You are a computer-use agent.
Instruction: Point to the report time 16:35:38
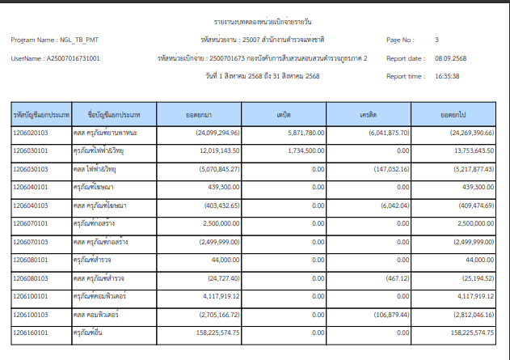[x=447, y=76]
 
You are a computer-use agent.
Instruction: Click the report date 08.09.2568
[x=449, y=58]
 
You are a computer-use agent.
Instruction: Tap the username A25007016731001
[x=74, y=58]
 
